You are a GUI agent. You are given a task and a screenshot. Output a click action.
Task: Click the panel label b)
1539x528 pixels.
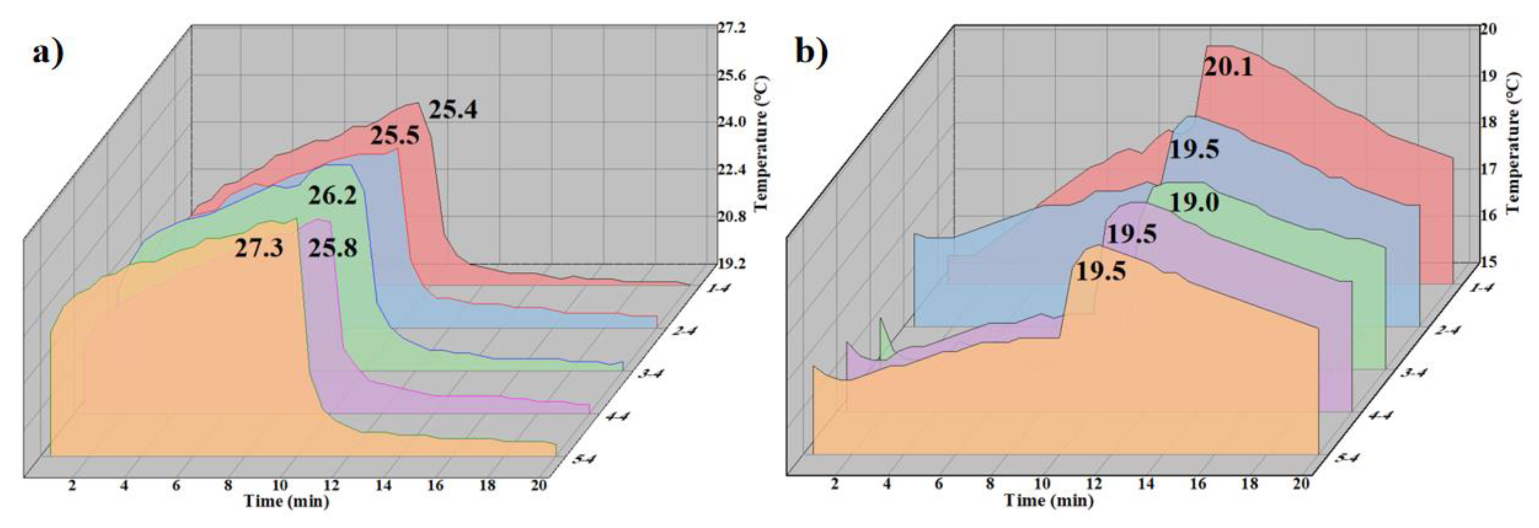(812, 52)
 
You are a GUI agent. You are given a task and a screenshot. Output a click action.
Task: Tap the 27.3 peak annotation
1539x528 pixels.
(259, 247)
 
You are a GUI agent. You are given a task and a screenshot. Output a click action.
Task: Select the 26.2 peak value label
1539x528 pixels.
(332, 195)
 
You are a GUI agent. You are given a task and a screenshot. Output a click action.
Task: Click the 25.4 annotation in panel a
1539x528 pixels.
(453, 110)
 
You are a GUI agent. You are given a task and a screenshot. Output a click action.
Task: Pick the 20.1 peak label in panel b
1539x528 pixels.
(1228, 67)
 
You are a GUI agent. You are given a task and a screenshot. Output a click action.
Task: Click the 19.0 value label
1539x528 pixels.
(1194, 203)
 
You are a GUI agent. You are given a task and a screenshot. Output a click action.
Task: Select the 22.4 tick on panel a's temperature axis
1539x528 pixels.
(732, 170)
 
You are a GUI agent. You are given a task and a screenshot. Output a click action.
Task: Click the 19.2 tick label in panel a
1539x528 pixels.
(732, 263)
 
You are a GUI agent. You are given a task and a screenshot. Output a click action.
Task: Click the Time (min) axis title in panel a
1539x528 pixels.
(286, 501)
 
